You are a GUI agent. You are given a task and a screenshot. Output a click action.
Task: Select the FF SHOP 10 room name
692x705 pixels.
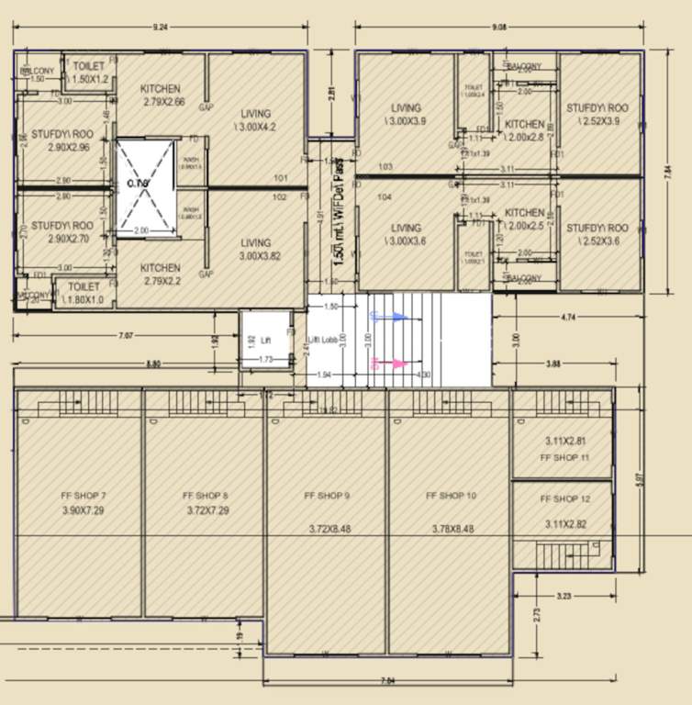click(451, 496)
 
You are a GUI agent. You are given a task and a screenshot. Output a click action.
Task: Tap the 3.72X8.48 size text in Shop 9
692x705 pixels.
click(328, 529)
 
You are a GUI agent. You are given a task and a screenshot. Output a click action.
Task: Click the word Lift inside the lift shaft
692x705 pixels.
click(264, 340)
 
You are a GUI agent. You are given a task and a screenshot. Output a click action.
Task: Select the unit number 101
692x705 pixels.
click(282, 178)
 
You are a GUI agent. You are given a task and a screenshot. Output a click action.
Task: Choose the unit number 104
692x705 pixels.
click(385, 197)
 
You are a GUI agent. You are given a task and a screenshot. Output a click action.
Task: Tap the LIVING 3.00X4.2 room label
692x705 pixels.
click(256, 120)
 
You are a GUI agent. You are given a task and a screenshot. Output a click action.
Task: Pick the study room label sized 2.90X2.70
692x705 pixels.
click(61, 231)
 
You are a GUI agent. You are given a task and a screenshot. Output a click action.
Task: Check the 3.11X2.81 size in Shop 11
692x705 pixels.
click(564, 441)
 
